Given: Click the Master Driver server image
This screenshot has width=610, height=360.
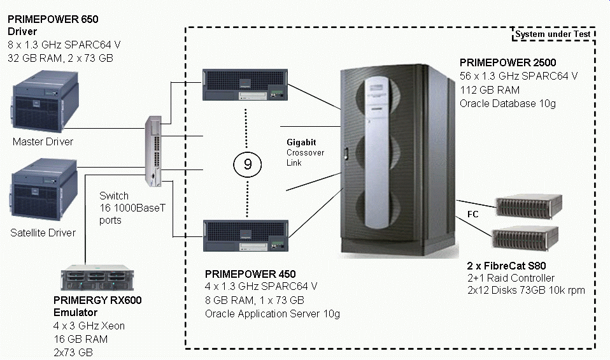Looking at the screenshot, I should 42,101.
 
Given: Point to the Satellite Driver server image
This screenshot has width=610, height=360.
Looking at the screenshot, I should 43,194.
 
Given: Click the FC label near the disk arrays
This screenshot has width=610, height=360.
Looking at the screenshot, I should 473,215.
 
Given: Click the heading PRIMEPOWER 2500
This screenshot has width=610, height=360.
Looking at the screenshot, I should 507,62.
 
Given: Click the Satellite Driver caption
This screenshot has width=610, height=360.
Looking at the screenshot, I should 43,233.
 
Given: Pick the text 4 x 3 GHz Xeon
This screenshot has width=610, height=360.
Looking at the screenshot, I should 89,326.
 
